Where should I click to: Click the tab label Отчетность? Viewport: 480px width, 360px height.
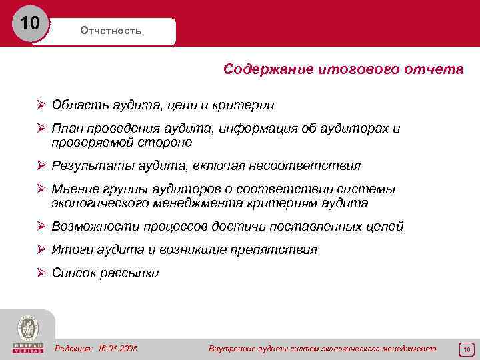111,31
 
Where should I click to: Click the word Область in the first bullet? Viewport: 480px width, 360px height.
75,105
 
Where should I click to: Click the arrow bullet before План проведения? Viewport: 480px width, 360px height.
41,129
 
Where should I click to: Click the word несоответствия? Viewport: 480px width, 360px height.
313,166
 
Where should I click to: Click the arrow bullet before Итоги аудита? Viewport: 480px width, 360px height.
41,250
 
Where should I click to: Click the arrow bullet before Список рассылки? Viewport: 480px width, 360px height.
41,273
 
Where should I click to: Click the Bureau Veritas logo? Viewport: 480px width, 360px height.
27,334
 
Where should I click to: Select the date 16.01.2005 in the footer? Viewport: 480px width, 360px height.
117,349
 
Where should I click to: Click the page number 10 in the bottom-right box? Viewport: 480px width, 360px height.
467,349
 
